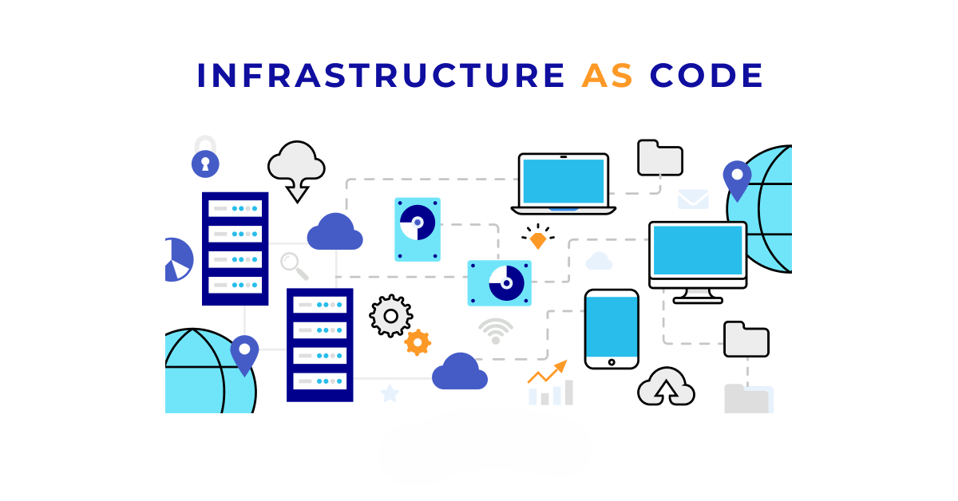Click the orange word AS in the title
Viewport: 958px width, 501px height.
tap(607, 76)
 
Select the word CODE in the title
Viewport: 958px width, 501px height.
tap(706, 76)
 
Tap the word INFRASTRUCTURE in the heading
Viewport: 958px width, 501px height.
tap(381, 76)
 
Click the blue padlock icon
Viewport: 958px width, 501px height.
tap(205, 157)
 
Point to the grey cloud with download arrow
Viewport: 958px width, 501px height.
tap(296, 171)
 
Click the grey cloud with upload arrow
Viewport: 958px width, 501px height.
tap(666, 386)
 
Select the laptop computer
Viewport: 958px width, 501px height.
tap(564, 183)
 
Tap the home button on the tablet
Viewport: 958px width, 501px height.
tap(612, 362)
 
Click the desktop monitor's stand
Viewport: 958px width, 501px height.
tap(698, 295)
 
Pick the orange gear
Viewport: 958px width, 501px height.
tap(418, 342)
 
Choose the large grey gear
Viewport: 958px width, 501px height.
tap(391, 316)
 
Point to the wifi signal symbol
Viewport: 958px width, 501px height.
tap(496, 331)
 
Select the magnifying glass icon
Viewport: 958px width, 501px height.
tap(295, 266)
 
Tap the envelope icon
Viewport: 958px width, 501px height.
tap(693, 199)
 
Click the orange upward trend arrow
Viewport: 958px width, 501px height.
tap(548, 372)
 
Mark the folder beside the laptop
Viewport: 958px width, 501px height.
tap(660, 158)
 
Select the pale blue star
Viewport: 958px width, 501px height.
tap(390, 393)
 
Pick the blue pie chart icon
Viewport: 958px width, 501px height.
tap(179, 259)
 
